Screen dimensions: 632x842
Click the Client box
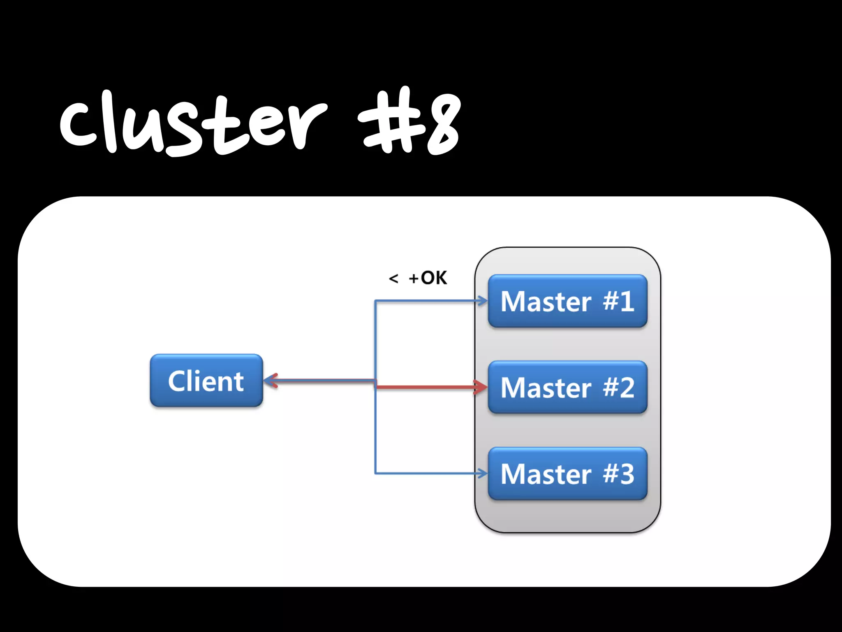coord(206,381)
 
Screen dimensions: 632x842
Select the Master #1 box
coord(567,301)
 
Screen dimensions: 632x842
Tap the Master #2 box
coord(567,387)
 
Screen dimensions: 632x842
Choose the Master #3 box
coord(567,474)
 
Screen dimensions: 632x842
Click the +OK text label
coord(428,278)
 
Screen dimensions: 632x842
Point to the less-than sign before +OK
coord(393,279)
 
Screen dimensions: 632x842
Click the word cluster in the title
coord(193,123)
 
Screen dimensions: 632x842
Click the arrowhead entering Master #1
coord(482,301)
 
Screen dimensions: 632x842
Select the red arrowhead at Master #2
coord(480,387)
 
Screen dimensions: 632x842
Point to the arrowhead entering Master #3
coord(482,474)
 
